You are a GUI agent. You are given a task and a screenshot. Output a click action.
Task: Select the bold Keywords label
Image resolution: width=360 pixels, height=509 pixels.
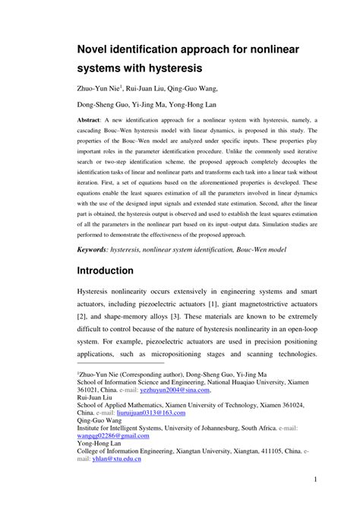[x=99, y=248]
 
